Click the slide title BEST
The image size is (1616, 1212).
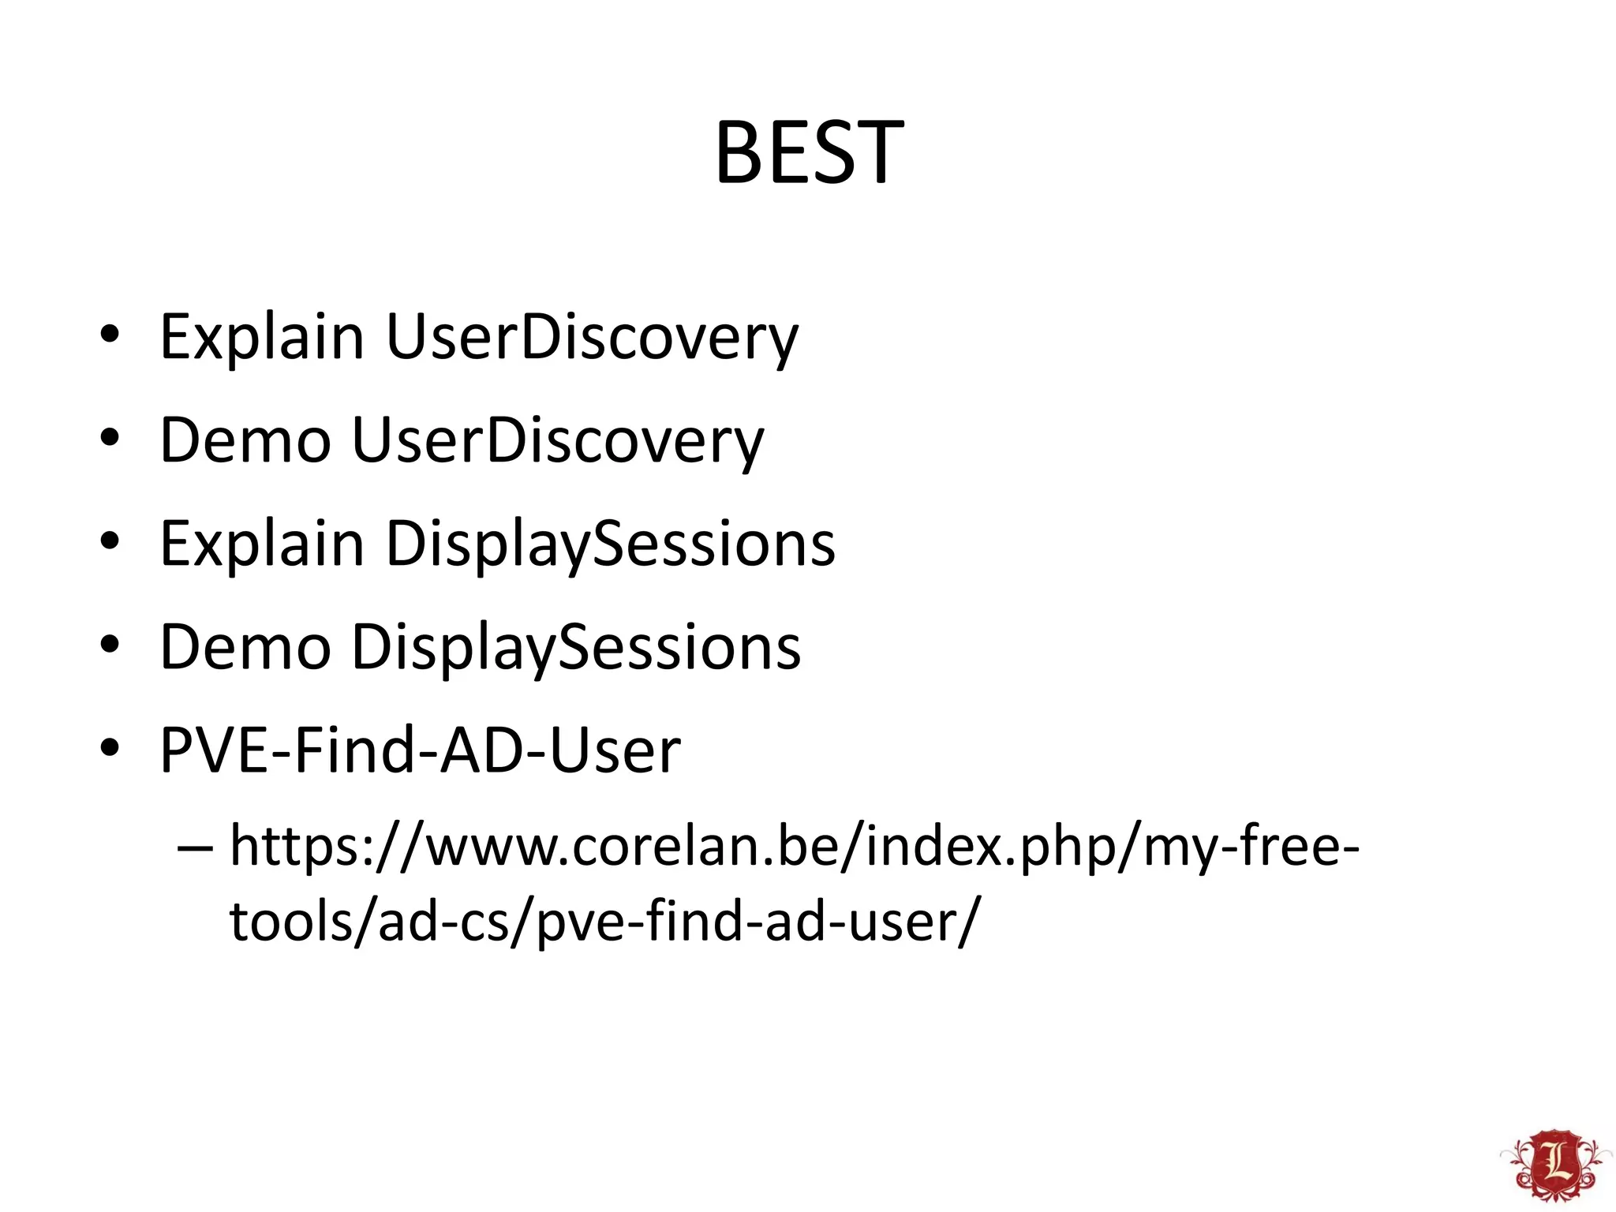(809, 152)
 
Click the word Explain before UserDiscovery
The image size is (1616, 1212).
(261, 337)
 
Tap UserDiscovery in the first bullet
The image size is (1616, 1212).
(592, 337)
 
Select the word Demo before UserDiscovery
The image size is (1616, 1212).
(245, 440)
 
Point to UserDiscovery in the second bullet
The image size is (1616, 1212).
(557, 440)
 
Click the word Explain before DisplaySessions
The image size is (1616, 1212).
(261, 544)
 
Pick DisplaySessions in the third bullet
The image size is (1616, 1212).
(610, 544)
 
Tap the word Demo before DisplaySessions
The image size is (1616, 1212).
(245, 647)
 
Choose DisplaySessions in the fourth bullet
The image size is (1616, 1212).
(575, 647)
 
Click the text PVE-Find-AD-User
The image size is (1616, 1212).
(420, 750)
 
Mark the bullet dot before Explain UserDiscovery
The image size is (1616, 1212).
(110, 335)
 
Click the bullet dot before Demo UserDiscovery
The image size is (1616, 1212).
(110, 438)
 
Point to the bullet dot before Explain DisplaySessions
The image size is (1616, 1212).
(110, 541)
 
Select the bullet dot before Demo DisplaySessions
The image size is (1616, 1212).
(110, 645)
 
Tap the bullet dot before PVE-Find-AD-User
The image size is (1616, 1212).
(110, 747)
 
